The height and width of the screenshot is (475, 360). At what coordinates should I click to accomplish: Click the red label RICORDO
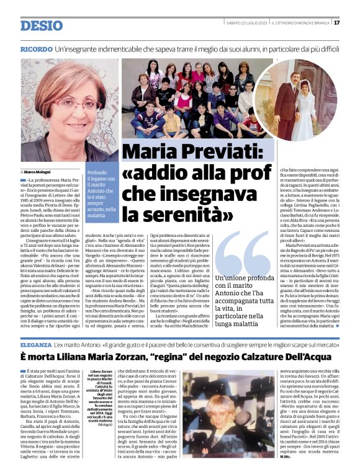point(36,49)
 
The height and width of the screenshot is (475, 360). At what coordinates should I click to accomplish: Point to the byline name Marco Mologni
point(40,171)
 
